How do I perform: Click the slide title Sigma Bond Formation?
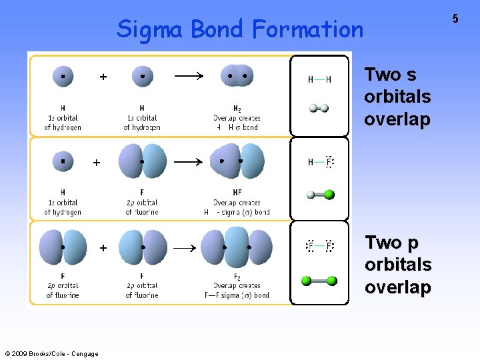[x=240, y=29]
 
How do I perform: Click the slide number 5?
[x=455, y=19]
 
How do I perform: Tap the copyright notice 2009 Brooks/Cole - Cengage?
[x=51, y=354]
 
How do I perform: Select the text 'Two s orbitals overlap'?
[x=397, y=97]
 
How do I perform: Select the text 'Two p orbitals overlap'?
[x=397, y=265]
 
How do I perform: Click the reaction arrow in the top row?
[x=189, y=77]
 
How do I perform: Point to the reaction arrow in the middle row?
[x=189, y=161]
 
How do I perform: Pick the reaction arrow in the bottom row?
[x=189, y=248]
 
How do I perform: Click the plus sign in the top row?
[x=103, y=77]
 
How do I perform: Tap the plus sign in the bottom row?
[x=103, y=248]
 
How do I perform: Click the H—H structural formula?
[x=319, y=79]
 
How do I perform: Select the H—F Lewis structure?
[x=321, y=162]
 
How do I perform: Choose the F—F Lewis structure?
[x=319, y=247]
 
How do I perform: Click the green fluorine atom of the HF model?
[x=329, y=195]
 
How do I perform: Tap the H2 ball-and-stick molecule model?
[x=319, y=107]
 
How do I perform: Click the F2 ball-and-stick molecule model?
[x=319, y=281]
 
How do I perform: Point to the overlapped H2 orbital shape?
[x=237, y=76]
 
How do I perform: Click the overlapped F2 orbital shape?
[x=237, y=247]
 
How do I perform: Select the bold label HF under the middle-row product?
[x=237, y=192]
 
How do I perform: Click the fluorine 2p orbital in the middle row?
[x=142, y=161]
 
